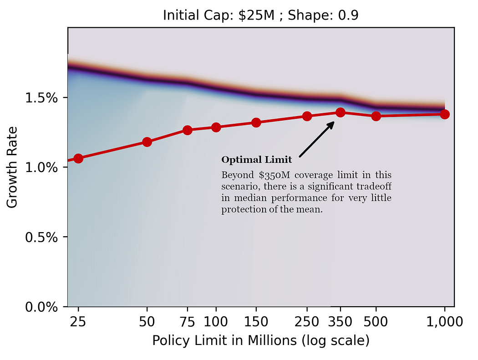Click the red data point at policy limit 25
tap(78, 158)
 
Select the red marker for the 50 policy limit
tap(147, 142)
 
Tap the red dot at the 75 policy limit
tap(187, 130)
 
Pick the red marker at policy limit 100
tap(216, 127)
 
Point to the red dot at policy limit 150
tap(256, 122)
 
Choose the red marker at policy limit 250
tap(307, 116)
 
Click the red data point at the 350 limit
tap(341, 112)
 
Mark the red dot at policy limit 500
tap(376, 116)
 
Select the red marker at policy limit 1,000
tap(445, 114)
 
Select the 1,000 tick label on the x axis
tap(444, 322)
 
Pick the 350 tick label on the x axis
tap(341, 322)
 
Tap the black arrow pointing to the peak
tap(317, 140)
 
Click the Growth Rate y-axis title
tap(12, 167)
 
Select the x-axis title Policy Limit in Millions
tap(260, 341)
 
